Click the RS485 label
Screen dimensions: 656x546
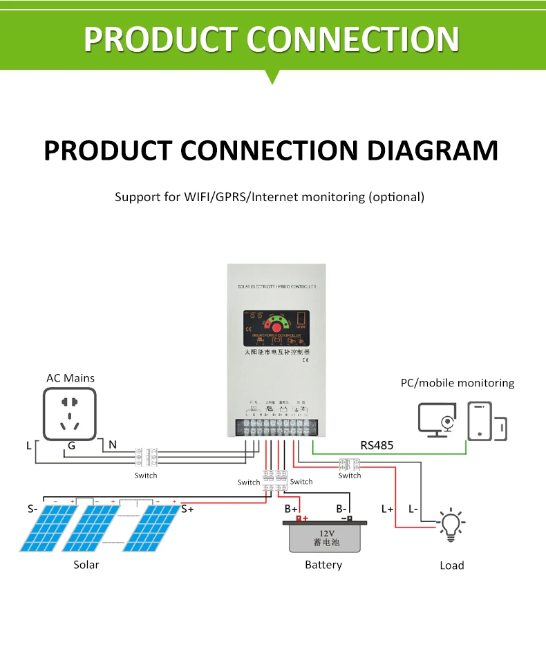pyautogui.click(x=377, y=445)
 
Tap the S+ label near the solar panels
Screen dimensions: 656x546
pyautogui.click(x=187, y=509)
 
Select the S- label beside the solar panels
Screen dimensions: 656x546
pyautogui.click(x=32, y=509)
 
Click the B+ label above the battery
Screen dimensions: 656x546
pyautogui.click(x=291, y=509)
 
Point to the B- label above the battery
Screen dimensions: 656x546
pyautogui.click(x=341, y=509)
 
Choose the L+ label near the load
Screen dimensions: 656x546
pyautogui.click(x=387, y=509)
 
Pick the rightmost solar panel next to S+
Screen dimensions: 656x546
pyautogui.click(x=151, y=528)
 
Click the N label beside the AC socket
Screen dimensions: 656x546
pyautogui.click(x=113, y=445)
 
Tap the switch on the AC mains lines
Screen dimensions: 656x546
pyautogui.click(x=146, y=458)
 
